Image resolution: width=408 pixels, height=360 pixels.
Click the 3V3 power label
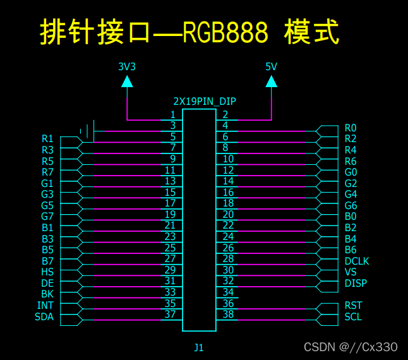127,66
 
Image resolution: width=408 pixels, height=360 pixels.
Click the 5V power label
271,66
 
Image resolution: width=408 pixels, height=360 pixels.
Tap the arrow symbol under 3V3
127,81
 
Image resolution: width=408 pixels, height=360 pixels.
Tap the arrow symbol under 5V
271,81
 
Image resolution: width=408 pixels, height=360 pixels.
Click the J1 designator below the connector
199,347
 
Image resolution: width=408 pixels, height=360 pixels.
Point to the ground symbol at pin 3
88,131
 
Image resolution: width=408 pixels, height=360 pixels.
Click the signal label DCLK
357,261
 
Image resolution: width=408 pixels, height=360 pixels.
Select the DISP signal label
356,283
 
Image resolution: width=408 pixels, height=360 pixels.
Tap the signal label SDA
44,317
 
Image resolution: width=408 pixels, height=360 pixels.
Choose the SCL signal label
353,316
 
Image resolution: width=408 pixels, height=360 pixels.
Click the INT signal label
45,306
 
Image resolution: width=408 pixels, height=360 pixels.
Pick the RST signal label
353,306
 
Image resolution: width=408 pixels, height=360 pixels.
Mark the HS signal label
47,272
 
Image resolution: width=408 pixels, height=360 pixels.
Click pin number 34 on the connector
228,292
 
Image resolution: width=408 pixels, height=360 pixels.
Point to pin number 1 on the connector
172,114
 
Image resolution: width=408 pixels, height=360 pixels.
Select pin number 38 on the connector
228,314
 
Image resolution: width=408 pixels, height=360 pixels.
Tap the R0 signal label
351,128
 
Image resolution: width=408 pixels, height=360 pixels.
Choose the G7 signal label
47,217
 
